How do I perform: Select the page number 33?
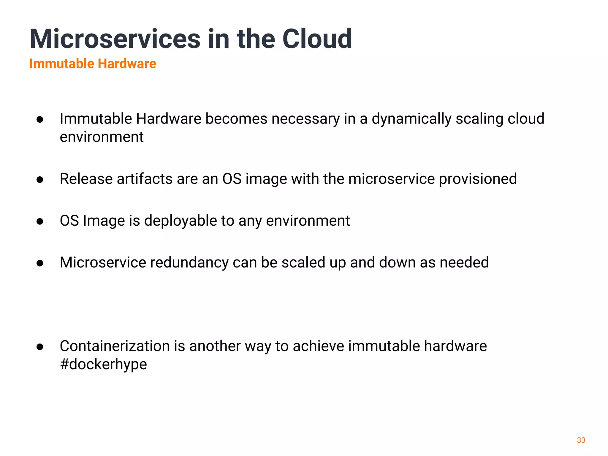tap(581, 440)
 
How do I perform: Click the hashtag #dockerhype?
tap(103, 364)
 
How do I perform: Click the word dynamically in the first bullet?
tap(411, 119)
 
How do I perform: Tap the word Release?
tap(86, 179)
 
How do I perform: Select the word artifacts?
tap(145, 179)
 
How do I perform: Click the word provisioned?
tap(478, 179)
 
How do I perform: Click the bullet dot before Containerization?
tap(40, 347)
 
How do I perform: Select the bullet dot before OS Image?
tap(40, 221)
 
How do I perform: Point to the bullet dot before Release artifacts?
tap(40, 180)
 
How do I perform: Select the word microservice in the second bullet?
tap(391, 179)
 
